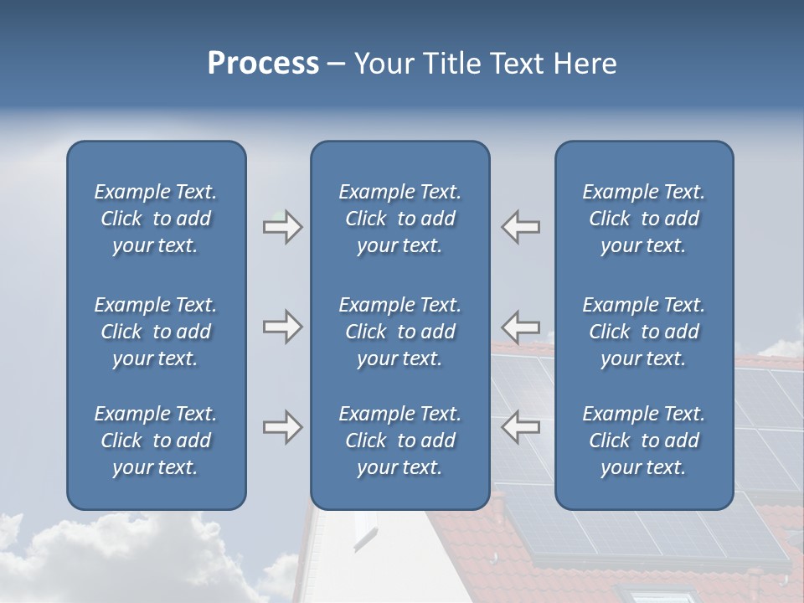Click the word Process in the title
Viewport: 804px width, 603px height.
click(x=263, y=64)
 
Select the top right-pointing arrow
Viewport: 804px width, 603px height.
click(x=282, y=227)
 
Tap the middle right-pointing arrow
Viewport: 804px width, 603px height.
click(x=282, y=326)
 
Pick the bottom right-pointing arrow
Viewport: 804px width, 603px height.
click(x=282, y=427)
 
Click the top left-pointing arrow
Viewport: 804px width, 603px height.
click(x=521, y=227)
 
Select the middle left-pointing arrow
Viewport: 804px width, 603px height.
click(x=521, y=326)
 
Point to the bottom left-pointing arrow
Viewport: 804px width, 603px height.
click(x=521, y=427)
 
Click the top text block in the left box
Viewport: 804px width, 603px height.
click(x=156, y=219)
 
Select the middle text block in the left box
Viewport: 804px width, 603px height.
click(x=156, y=332)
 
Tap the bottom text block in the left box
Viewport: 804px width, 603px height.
click(x=156, y=441)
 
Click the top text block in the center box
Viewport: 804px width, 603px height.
click(x=399, y=219)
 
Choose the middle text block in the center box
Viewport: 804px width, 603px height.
click(x=399, y=332)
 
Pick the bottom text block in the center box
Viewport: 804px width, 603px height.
click(x=399, y=441)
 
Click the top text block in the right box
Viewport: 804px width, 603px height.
click(x=644, y=219)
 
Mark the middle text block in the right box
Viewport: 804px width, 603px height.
click(x=644, y=332)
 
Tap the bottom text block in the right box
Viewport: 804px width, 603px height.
click(x=644, y=441)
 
